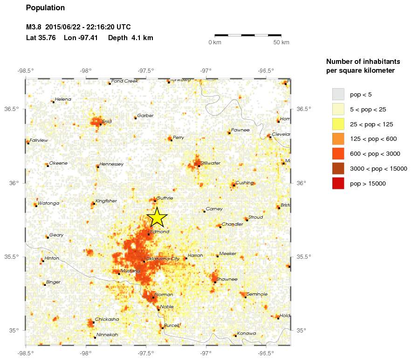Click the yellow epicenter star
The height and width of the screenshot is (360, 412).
[157, 217]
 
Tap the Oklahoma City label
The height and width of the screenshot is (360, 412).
[162, 259]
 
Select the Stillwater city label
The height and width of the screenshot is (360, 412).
[210, 163]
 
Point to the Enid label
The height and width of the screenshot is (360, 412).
[107, 122]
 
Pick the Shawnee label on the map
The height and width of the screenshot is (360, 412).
[227, 279]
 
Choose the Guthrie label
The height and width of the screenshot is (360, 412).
[165, 198]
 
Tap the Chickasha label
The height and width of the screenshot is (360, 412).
[108, 319]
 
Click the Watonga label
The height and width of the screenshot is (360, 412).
[48, 203]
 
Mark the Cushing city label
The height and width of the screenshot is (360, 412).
[245, 183]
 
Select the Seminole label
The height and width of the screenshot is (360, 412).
[257, 294]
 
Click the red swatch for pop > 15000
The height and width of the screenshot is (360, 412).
[338, 184]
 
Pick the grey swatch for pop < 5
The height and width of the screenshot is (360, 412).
[338, 94]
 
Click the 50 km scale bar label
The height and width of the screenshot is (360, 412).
[281, 43]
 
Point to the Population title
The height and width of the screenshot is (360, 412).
[45, 8]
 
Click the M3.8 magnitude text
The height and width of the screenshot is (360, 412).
[34, 27]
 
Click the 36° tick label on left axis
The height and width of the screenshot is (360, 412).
[14, 183]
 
